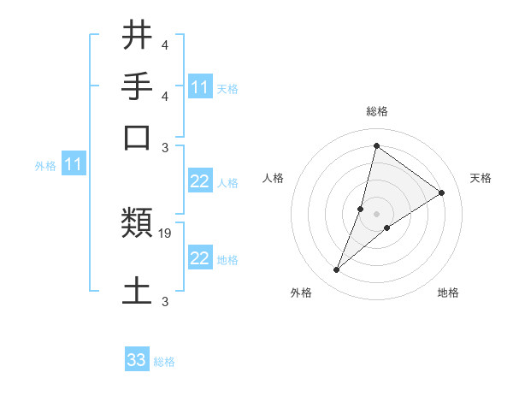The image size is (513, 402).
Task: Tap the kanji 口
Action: pyautogui.click(x=138, y=136)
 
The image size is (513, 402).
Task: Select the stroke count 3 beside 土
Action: pyautogui.click(x=164, y=301)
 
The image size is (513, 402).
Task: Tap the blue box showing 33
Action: pyautogui.click(x=137, y=360)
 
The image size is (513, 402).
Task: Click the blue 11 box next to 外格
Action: pyautogui.click(x=74, y=164)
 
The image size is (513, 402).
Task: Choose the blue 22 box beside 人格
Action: pyautogui.click(x=199, y=181)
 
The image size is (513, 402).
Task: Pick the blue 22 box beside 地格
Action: pyautogui.click(x=199, y=258)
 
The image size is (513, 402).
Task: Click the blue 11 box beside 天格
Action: pyautogui.click(x=199, y=87)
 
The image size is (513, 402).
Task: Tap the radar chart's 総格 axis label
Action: pyautogui.click(x=376, y=112)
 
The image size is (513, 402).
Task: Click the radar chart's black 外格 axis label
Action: pyautogui.click(x=301, y=293)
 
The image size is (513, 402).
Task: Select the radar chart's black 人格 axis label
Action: pyautogui.click(x=274, y=178)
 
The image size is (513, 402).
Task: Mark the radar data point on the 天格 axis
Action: pyautogui.click(x=442, y=192)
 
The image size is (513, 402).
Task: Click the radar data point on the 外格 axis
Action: pyautogui.click(x=337, y=270)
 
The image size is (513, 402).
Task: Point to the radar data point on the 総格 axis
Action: pyautogui.click(x=376, y=145)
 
